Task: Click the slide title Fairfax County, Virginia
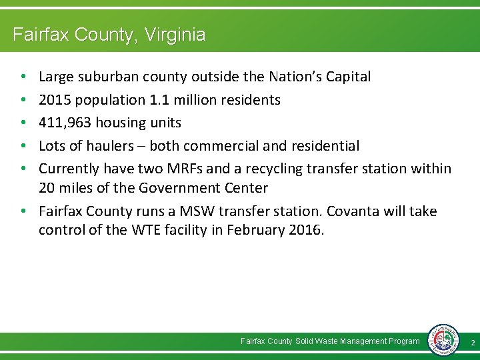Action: [x=109, y=34]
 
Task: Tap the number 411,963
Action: [x=63, y=123]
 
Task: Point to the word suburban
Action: [x=109, y=77]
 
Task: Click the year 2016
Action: [x=304, y=231]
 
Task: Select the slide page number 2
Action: [x=472, y=342]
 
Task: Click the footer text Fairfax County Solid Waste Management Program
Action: [x=330, y=341]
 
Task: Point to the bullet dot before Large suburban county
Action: [x=23, y=77]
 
